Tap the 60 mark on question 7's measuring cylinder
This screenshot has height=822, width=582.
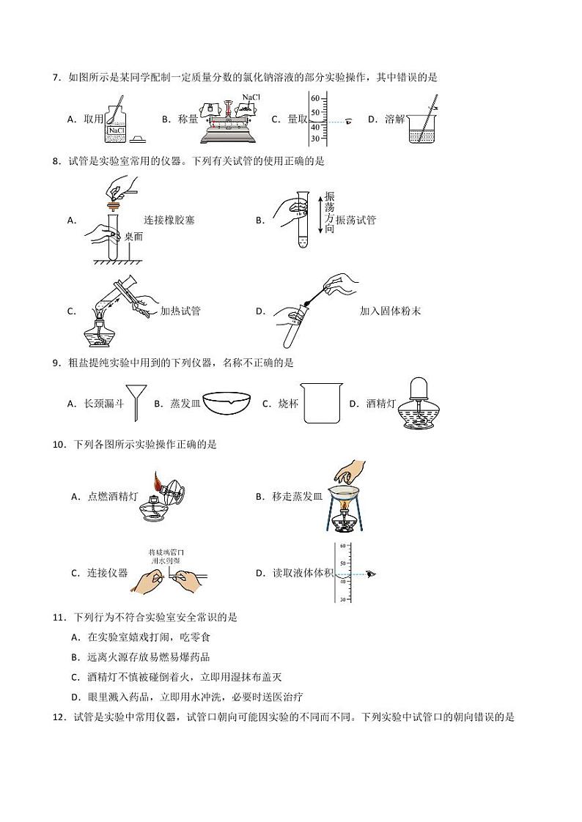(314, 98)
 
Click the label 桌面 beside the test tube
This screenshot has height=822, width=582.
(133, 237)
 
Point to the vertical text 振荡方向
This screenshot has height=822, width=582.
(329, 213)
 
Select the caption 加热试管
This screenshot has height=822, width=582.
(180, 311)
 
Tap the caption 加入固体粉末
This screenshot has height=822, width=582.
(390, 311)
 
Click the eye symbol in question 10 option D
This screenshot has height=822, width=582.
(371, 574)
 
